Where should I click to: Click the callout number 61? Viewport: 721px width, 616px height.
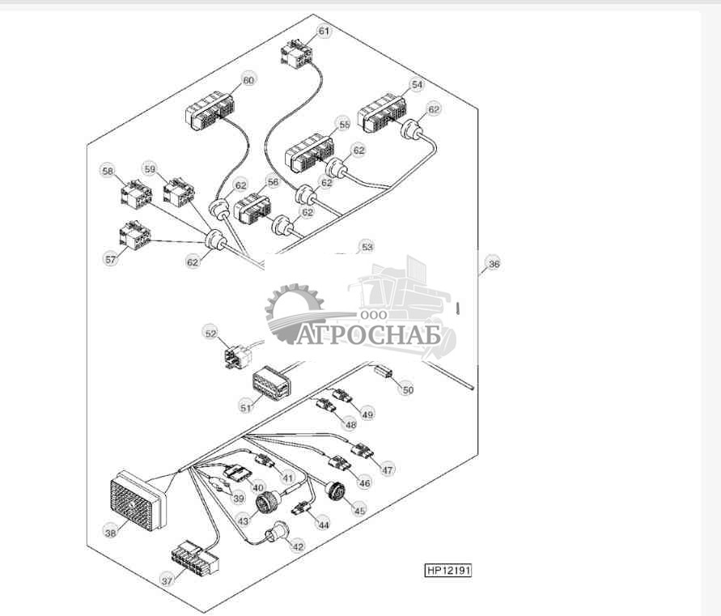pos(324,32)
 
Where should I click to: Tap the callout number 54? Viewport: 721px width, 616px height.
pos(417,85)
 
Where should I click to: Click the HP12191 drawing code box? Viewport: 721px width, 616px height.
pos(447,571)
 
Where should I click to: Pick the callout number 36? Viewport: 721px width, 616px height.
pos(494,264)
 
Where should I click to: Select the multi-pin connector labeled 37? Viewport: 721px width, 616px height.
pos(195,558)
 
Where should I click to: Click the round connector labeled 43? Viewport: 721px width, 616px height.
pos(267,501)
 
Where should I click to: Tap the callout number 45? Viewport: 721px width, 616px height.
pos(359,511)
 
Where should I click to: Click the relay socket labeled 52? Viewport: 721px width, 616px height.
pos(237,357)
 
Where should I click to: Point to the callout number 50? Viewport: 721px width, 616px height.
pos(408,390)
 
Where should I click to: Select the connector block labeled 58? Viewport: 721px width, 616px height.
pos(137,194)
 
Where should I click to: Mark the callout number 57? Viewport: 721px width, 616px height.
pos(110,260)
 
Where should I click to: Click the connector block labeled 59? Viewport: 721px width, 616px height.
pos(179,193)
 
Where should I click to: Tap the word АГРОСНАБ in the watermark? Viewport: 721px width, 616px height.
pos(368,335)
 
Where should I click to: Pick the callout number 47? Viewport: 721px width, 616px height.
pos(387,470)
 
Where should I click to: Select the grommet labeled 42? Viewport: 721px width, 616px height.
pos(277,533)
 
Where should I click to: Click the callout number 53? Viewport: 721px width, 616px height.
pos(367,247)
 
